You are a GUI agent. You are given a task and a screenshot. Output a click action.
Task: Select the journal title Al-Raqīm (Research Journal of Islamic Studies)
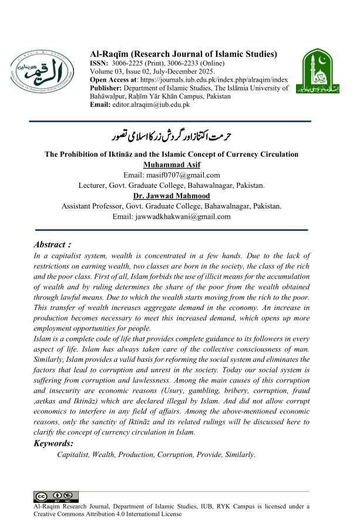tap(183, 54)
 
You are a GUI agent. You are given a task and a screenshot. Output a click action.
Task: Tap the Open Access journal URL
tap(208, 80)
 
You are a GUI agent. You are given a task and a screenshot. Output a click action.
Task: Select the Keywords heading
tap(53, 443)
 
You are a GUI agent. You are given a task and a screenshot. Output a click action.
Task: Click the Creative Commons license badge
tap(56, 496)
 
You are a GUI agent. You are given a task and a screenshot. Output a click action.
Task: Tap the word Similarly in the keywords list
tap(235, 455)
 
